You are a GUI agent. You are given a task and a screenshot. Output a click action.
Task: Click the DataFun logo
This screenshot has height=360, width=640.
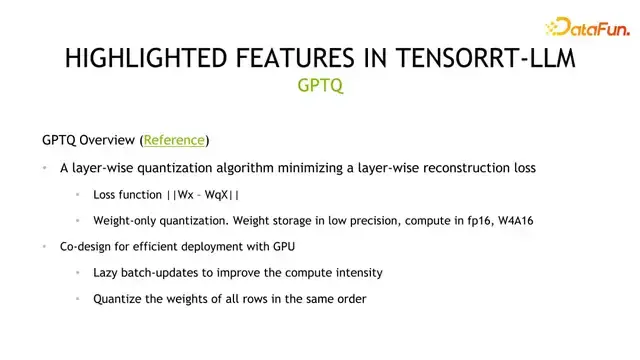(x=585, y=28)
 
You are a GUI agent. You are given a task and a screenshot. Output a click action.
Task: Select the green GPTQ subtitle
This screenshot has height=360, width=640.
(x=320, y=86)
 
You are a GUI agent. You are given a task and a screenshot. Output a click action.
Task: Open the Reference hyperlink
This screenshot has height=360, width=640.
(x=175, y=140)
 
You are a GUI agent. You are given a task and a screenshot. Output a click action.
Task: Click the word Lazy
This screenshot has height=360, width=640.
(x=107, y=272)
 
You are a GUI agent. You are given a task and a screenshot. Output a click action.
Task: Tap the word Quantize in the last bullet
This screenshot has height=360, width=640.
(x=119, y=298)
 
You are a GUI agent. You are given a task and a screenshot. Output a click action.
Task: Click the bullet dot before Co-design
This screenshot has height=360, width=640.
(x=45, y=246)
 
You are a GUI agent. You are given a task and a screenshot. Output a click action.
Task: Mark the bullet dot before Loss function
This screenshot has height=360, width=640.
(x=79, y=194)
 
